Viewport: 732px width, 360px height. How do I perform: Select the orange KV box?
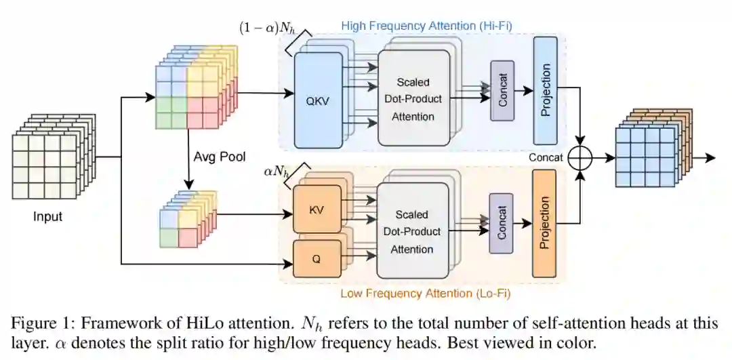pos(316,210)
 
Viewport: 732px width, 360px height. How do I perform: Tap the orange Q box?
pos(316,258)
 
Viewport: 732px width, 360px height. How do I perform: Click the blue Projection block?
pos(545,90)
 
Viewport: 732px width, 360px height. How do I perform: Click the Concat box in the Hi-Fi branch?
pos(502,90)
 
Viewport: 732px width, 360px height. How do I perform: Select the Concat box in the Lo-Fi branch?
pos(502,223)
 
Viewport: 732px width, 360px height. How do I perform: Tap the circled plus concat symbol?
pos(581,157)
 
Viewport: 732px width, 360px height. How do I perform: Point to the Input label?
pos(47,217)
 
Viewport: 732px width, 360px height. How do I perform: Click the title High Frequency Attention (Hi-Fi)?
pos(426,26)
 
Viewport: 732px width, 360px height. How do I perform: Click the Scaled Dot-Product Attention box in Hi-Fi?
pos(413,99)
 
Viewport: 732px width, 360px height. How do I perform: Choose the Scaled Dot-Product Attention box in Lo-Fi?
pos(413,231)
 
